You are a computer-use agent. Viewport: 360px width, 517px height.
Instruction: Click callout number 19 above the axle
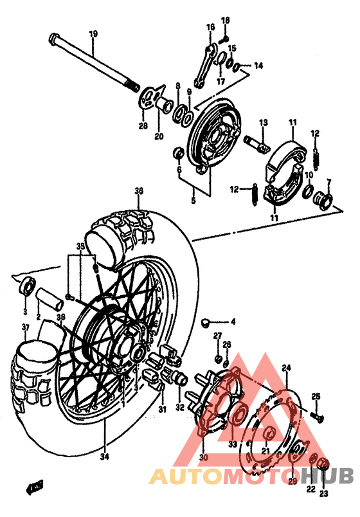(x=93, y=33)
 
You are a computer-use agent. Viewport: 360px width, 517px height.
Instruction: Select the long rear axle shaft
(x=90, y=61)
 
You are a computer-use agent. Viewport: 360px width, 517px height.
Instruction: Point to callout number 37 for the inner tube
(x=25, y=330)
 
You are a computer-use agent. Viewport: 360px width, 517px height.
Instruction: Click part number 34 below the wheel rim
(x=104, y=457)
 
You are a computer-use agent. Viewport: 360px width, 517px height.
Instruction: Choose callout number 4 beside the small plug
(x=233, y=322)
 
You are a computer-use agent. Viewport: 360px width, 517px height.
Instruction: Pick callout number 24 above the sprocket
(x=286, y=368)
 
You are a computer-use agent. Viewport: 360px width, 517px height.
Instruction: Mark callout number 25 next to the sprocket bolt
(x=316, y=396)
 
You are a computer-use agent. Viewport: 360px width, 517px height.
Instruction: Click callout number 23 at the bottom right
(x=323, y=494)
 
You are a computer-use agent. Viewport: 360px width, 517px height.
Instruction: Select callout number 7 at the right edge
(x=328, y=182)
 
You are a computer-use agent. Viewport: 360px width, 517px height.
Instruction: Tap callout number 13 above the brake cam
(x=263, y=122)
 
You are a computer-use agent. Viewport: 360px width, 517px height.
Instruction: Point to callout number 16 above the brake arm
(x=210, y=27)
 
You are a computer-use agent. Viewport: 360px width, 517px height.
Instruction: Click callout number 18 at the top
(x=225, y=21)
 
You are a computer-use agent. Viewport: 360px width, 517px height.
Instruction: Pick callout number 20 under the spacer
(x=159, y=136)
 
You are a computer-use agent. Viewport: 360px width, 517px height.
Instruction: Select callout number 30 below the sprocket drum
(x=204, y=457)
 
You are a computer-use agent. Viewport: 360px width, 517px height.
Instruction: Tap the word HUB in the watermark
(x=328, y=476)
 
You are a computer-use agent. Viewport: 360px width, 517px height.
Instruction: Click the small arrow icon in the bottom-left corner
(x=34, y=486)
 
